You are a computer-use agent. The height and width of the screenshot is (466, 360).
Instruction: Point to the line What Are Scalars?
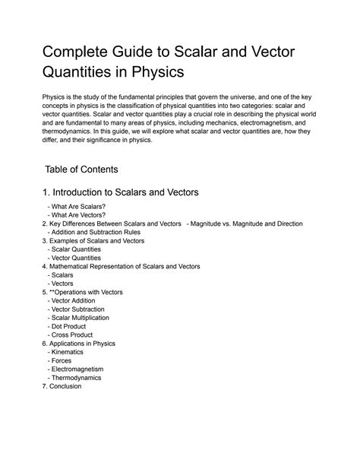point(76,207)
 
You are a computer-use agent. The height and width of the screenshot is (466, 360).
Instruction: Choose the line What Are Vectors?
point(75,215)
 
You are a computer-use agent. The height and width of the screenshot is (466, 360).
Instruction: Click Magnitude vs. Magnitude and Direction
point(246,223)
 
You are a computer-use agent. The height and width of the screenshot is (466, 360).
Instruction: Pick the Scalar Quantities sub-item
point(79,249)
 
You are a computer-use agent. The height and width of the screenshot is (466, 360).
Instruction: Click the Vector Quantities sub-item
point(79,258)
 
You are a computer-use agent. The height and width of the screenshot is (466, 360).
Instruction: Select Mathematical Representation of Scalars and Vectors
point(124,266)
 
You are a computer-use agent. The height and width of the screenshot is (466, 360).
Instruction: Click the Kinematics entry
point(68,352)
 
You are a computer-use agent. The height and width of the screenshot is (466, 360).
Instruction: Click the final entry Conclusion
point(65,386)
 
